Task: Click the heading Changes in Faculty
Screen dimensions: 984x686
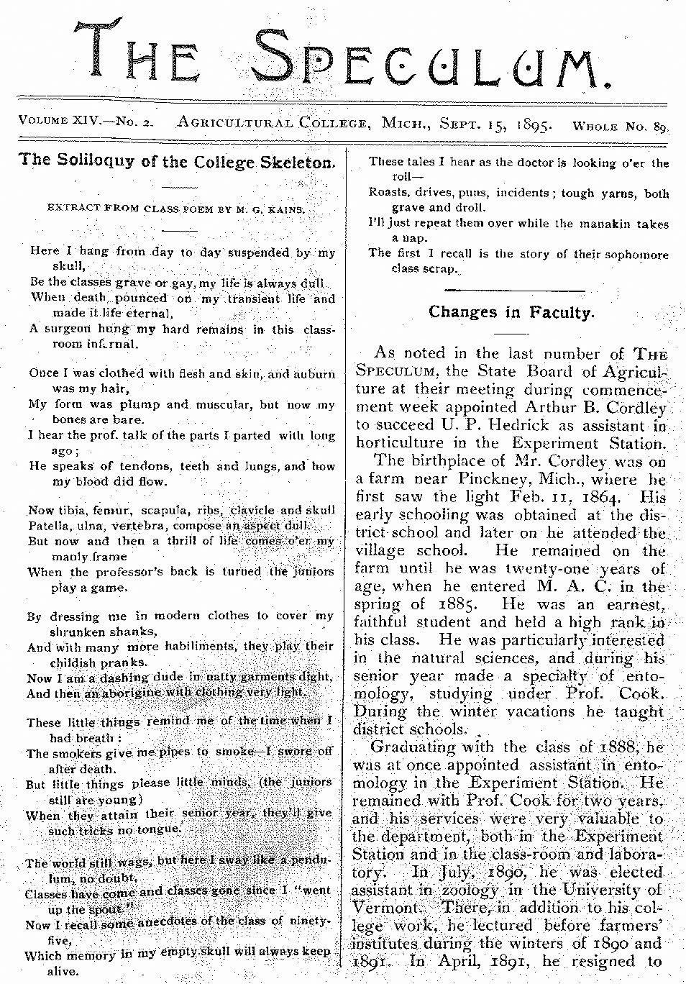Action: point(511,312)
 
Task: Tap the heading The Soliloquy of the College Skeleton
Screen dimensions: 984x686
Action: point(178,160)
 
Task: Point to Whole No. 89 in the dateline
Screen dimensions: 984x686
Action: point(620,127)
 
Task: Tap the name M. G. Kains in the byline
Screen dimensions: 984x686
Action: point(277,209)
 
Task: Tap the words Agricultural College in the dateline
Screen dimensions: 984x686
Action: point(273,122)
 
